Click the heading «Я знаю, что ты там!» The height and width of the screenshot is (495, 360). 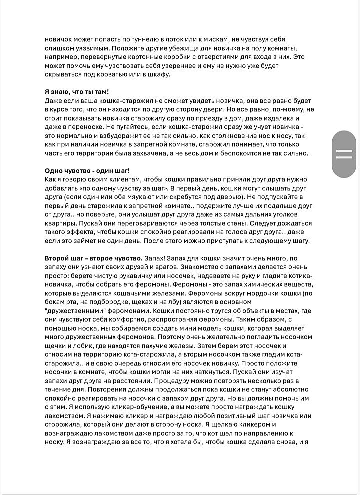pos(77,92)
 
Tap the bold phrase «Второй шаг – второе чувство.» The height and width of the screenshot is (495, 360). pos(93,258)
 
